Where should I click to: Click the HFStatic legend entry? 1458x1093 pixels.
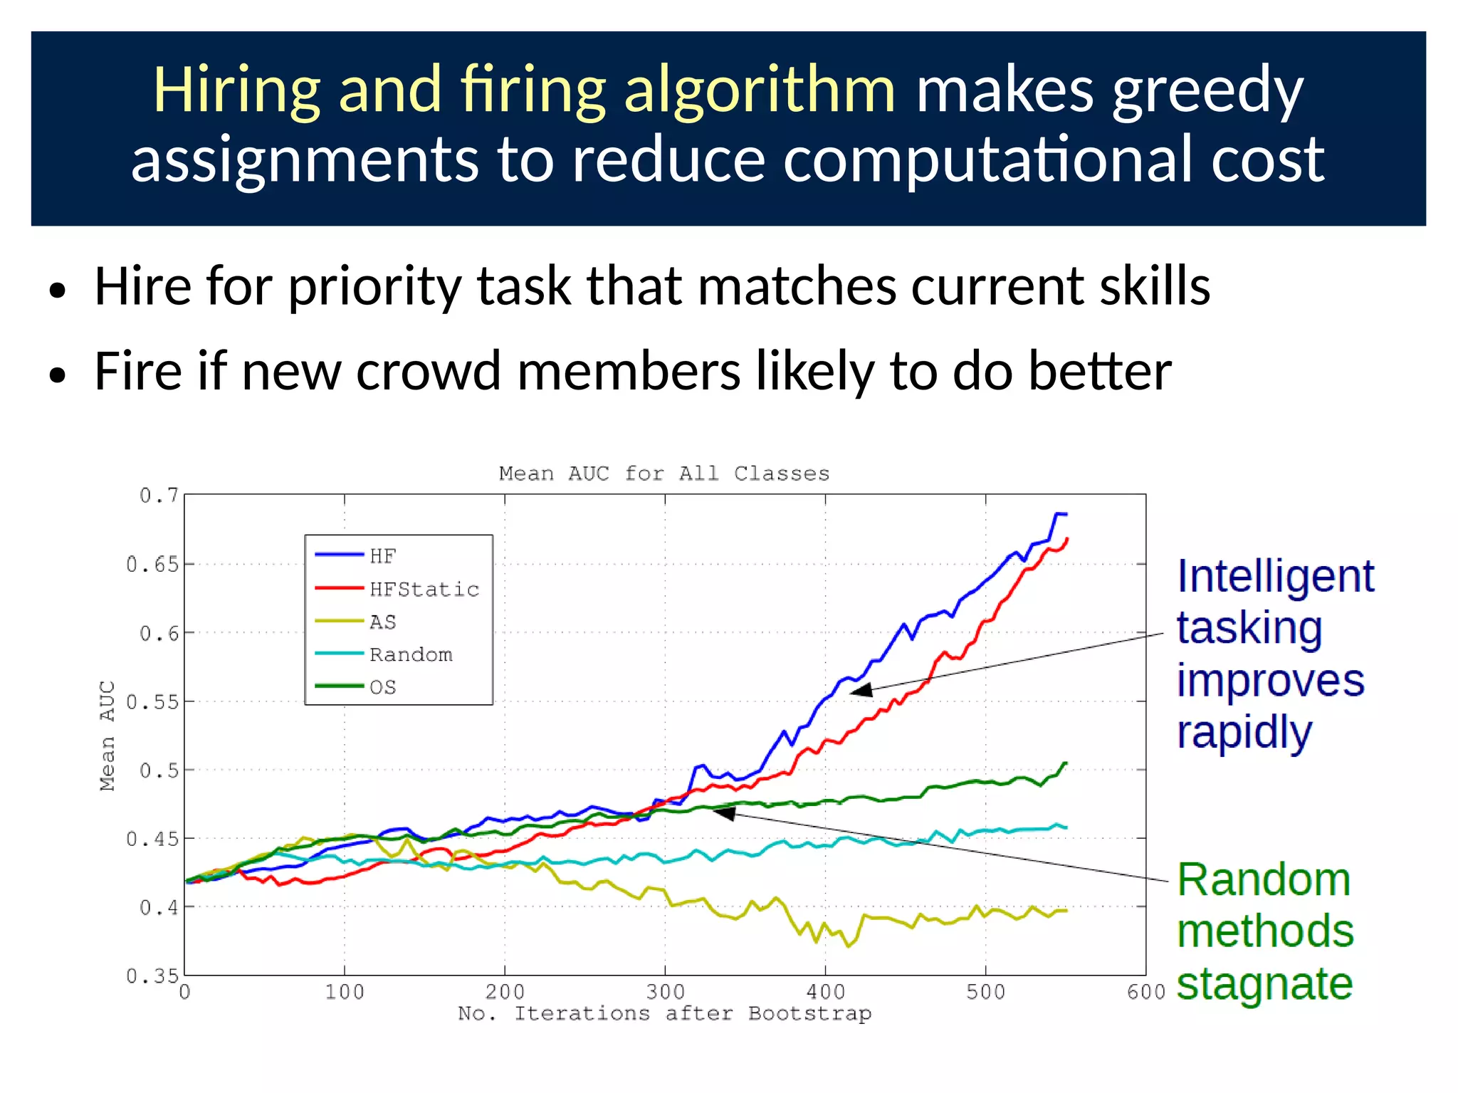[x=424, y=589]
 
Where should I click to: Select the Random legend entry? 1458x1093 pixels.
[x=411, y=654]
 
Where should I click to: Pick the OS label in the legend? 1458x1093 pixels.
[x=382, y=687]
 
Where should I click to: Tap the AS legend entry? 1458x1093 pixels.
[x=382, y=622]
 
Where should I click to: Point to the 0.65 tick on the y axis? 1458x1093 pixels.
[x=152, y=565]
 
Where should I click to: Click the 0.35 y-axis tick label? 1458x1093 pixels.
[x=152, y=976]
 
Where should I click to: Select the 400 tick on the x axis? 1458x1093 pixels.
[x=825, y=992]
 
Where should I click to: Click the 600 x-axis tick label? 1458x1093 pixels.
[x=1145, y=992]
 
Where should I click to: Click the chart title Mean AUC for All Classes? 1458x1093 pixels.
[x=664, y=474]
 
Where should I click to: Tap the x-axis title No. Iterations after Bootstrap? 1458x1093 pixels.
[x=664, y=1013]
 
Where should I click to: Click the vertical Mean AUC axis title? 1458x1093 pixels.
[x=107, y=736]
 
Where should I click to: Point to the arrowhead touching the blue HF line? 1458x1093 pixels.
[x=861, y=690]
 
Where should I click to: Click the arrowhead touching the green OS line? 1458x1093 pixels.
[x=723, y=812]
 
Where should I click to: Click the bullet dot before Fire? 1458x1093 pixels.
[x=58, y=375]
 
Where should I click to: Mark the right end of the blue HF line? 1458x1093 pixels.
[x=1065, y=514]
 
